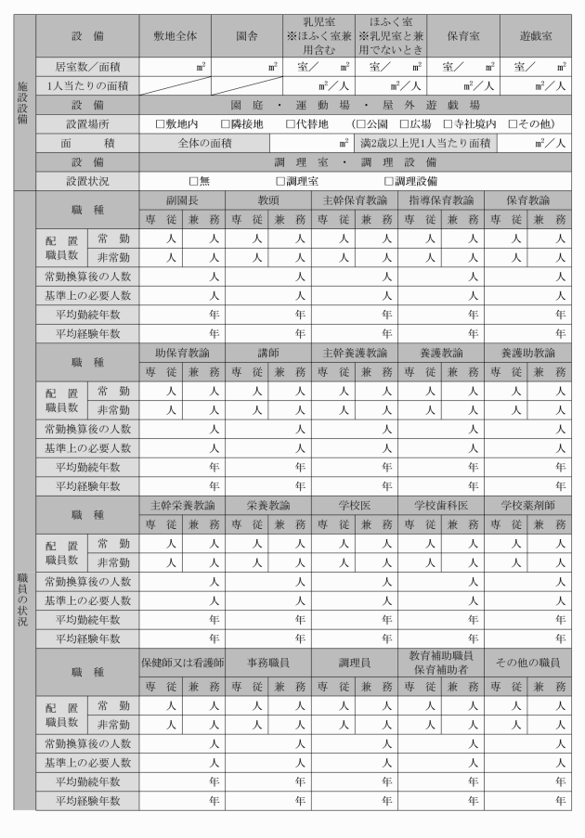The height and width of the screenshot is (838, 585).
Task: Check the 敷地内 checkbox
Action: (x=161, y=124)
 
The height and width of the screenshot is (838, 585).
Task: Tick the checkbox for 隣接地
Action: (x=226, y=124)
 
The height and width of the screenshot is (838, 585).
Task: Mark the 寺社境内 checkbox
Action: (x=448, y=124)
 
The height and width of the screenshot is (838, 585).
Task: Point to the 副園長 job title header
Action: (x=182, y=200)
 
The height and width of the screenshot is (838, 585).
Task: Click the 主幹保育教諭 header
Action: (x=354, y=200)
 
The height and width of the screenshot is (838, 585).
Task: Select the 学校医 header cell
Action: (x=354, y=506)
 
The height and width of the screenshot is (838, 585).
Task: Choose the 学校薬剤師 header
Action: (x=526, y=506)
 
